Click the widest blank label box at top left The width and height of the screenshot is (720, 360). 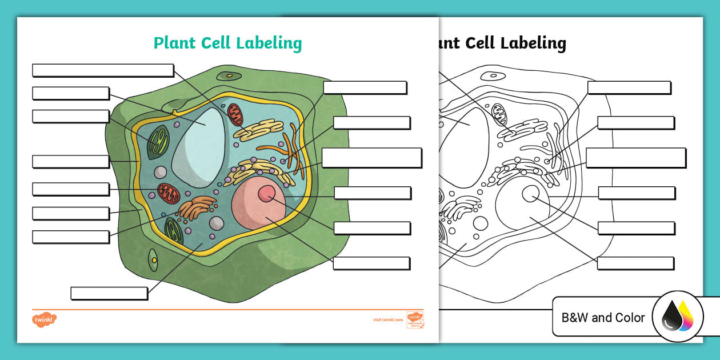click(103, 70)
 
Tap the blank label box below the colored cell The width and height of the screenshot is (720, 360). click(109, 293)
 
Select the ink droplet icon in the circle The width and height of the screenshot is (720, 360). click(677, 317)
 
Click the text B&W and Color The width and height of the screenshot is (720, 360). click(603, 318)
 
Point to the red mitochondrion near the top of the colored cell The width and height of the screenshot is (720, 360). click(235, 115)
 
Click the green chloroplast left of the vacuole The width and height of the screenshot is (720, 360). click(158, 143)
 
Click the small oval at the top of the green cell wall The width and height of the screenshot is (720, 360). click(229, 75)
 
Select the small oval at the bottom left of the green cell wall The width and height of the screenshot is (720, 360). click(153, 260)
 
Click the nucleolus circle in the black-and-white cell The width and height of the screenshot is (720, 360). click(530, 194)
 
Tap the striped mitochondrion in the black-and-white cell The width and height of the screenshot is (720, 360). click(499, 114)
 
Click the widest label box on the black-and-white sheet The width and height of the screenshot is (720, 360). click(635, 158)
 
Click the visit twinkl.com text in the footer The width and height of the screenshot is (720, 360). click(388, 320)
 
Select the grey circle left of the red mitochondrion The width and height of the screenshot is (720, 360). click(161, 172)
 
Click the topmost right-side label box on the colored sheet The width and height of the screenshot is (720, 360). click(365, 87)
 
